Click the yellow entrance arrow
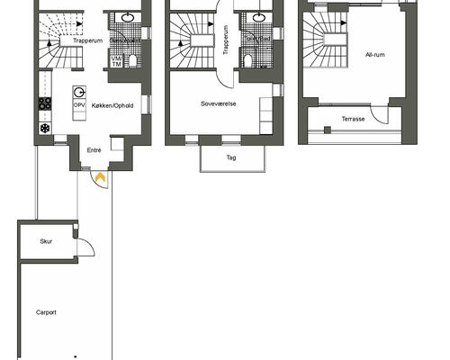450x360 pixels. [100, 176]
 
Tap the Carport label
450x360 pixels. [46, 312]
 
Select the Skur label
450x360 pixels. [46, 241]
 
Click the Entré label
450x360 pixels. [94, 150]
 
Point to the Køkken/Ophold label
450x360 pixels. [112, 105]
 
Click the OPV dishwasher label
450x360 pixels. [79, 105]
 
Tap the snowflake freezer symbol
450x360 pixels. [45, 129]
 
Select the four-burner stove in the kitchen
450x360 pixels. [45, 103]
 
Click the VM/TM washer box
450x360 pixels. [116, 61]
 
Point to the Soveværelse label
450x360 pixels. [219, 103]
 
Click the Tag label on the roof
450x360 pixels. [231, 157]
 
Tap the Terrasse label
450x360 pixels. [353, 119]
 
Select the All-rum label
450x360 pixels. [375, 55]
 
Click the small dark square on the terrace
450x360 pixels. [328, 130]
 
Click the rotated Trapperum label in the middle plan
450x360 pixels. [226, 40]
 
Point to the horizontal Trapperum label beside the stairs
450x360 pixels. [88, 40]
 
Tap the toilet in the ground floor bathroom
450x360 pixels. [132, 60]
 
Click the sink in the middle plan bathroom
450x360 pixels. [259, 18]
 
